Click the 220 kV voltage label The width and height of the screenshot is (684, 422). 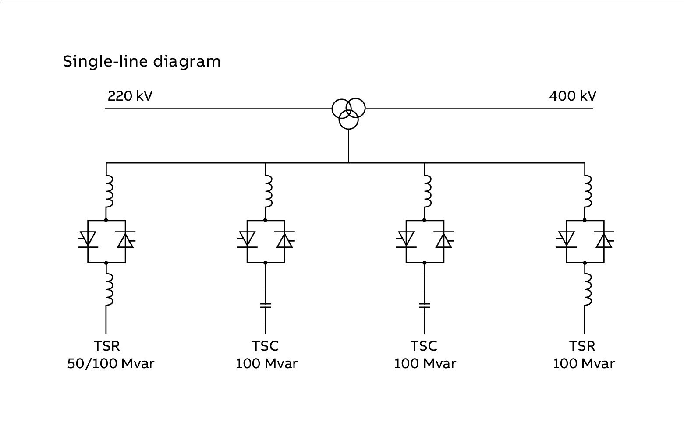[x=130, y=96]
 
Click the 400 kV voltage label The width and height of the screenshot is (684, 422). [x=573, y=96]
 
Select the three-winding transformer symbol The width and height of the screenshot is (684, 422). [x=348, y=113]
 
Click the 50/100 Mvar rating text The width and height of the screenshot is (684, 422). [x=111, y=363]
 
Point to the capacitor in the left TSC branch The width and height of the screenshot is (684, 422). [x=266, y=306]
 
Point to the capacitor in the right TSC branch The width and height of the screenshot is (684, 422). [x=425, y=306]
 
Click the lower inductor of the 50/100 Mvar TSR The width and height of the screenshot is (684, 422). [x=109, y=289]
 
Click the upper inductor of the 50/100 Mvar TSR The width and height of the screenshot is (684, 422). [x=109, y=191]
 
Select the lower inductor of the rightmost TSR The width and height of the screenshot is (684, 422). [x=588, y=289]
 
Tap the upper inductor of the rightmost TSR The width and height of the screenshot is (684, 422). [x=588, y=191]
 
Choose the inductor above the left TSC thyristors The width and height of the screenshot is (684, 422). [x=269, y=191]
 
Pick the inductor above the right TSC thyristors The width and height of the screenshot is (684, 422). [x=428, y=191]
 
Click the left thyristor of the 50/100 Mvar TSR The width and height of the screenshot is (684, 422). [x=88, y=239]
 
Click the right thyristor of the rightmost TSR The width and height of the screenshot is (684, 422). [x=604, y=239]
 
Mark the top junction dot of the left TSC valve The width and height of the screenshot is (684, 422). [x=266, y=220]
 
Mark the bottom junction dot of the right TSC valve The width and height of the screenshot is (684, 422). [x=425, y=263]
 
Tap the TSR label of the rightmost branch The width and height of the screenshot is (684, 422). [x=582, y=346]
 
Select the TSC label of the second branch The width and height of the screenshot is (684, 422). [x=266, y=346]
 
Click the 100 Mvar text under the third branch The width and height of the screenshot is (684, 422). [x=425, y=363]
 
